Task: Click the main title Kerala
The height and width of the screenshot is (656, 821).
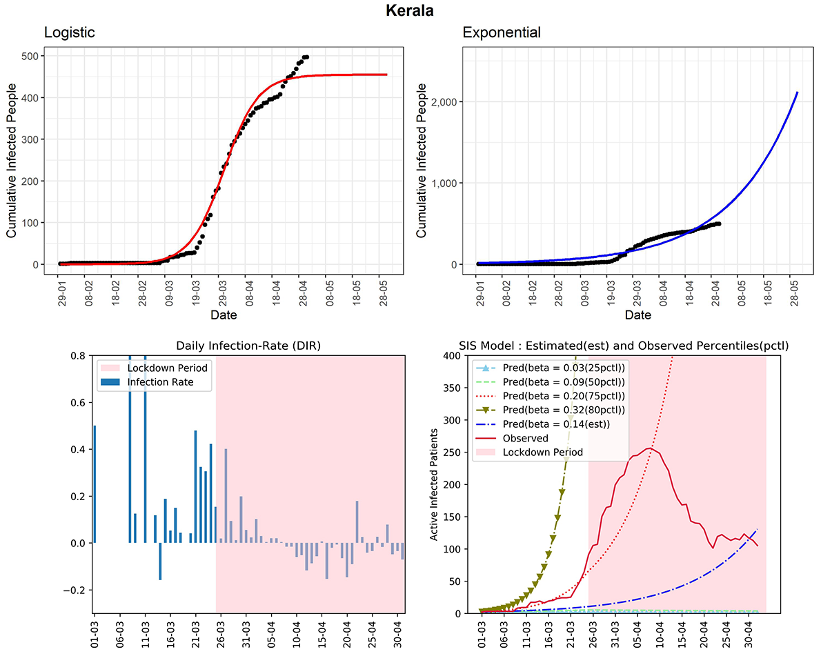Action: click(410, 11)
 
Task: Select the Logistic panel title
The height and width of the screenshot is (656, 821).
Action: click(69, 32)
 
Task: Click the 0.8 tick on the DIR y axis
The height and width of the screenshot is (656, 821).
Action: click(77, 356)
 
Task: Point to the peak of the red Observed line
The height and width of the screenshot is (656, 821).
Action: click(649, 448)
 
